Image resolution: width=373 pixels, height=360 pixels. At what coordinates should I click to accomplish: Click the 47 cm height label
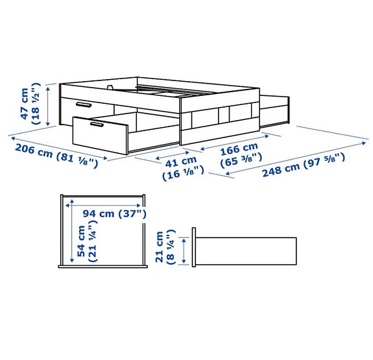pyautogui.click(x=25, y=103)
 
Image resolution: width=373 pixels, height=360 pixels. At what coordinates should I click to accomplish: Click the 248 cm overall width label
pyautogui.click(x=283, y=170)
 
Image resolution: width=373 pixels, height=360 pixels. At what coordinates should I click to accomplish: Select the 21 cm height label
pyautogui.click(x=160, y=247)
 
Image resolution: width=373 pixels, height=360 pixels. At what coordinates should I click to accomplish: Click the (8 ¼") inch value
pyautogui.click(x=171, y=247)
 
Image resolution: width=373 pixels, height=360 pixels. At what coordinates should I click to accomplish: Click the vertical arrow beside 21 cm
pyautogui.click(x=186, y=250)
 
